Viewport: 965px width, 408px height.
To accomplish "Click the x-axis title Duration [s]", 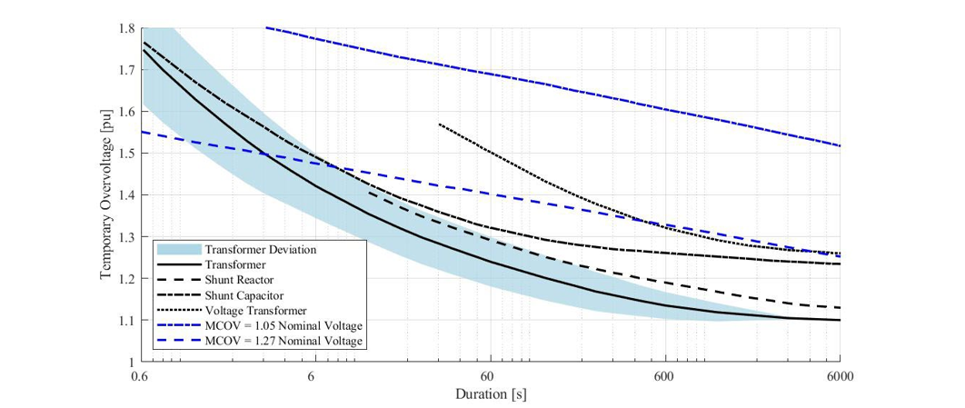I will click(x=490, y=393).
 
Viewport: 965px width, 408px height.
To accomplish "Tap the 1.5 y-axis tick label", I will click(x=125, y=154).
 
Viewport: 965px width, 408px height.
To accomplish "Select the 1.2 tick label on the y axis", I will click(x=125, y=279).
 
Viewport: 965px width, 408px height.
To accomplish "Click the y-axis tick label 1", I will click(x=131, y=363).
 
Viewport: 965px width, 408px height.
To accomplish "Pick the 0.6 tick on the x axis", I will click(x=139, y=375).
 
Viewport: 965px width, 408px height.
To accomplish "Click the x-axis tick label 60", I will click(x=490, y=375).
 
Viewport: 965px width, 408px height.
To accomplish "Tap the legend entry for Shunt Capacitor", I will click(x=244, y=295).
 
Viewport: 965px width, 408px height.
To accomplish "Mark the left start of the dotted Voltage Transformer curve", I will click(x=439, y=124).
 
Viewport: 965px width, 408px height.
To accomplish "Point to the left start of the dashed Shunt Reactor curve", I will click(x=368, y=193).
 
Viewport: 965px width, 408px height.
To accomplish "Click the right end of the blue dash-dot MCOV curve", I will click(x=840, y=145).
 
